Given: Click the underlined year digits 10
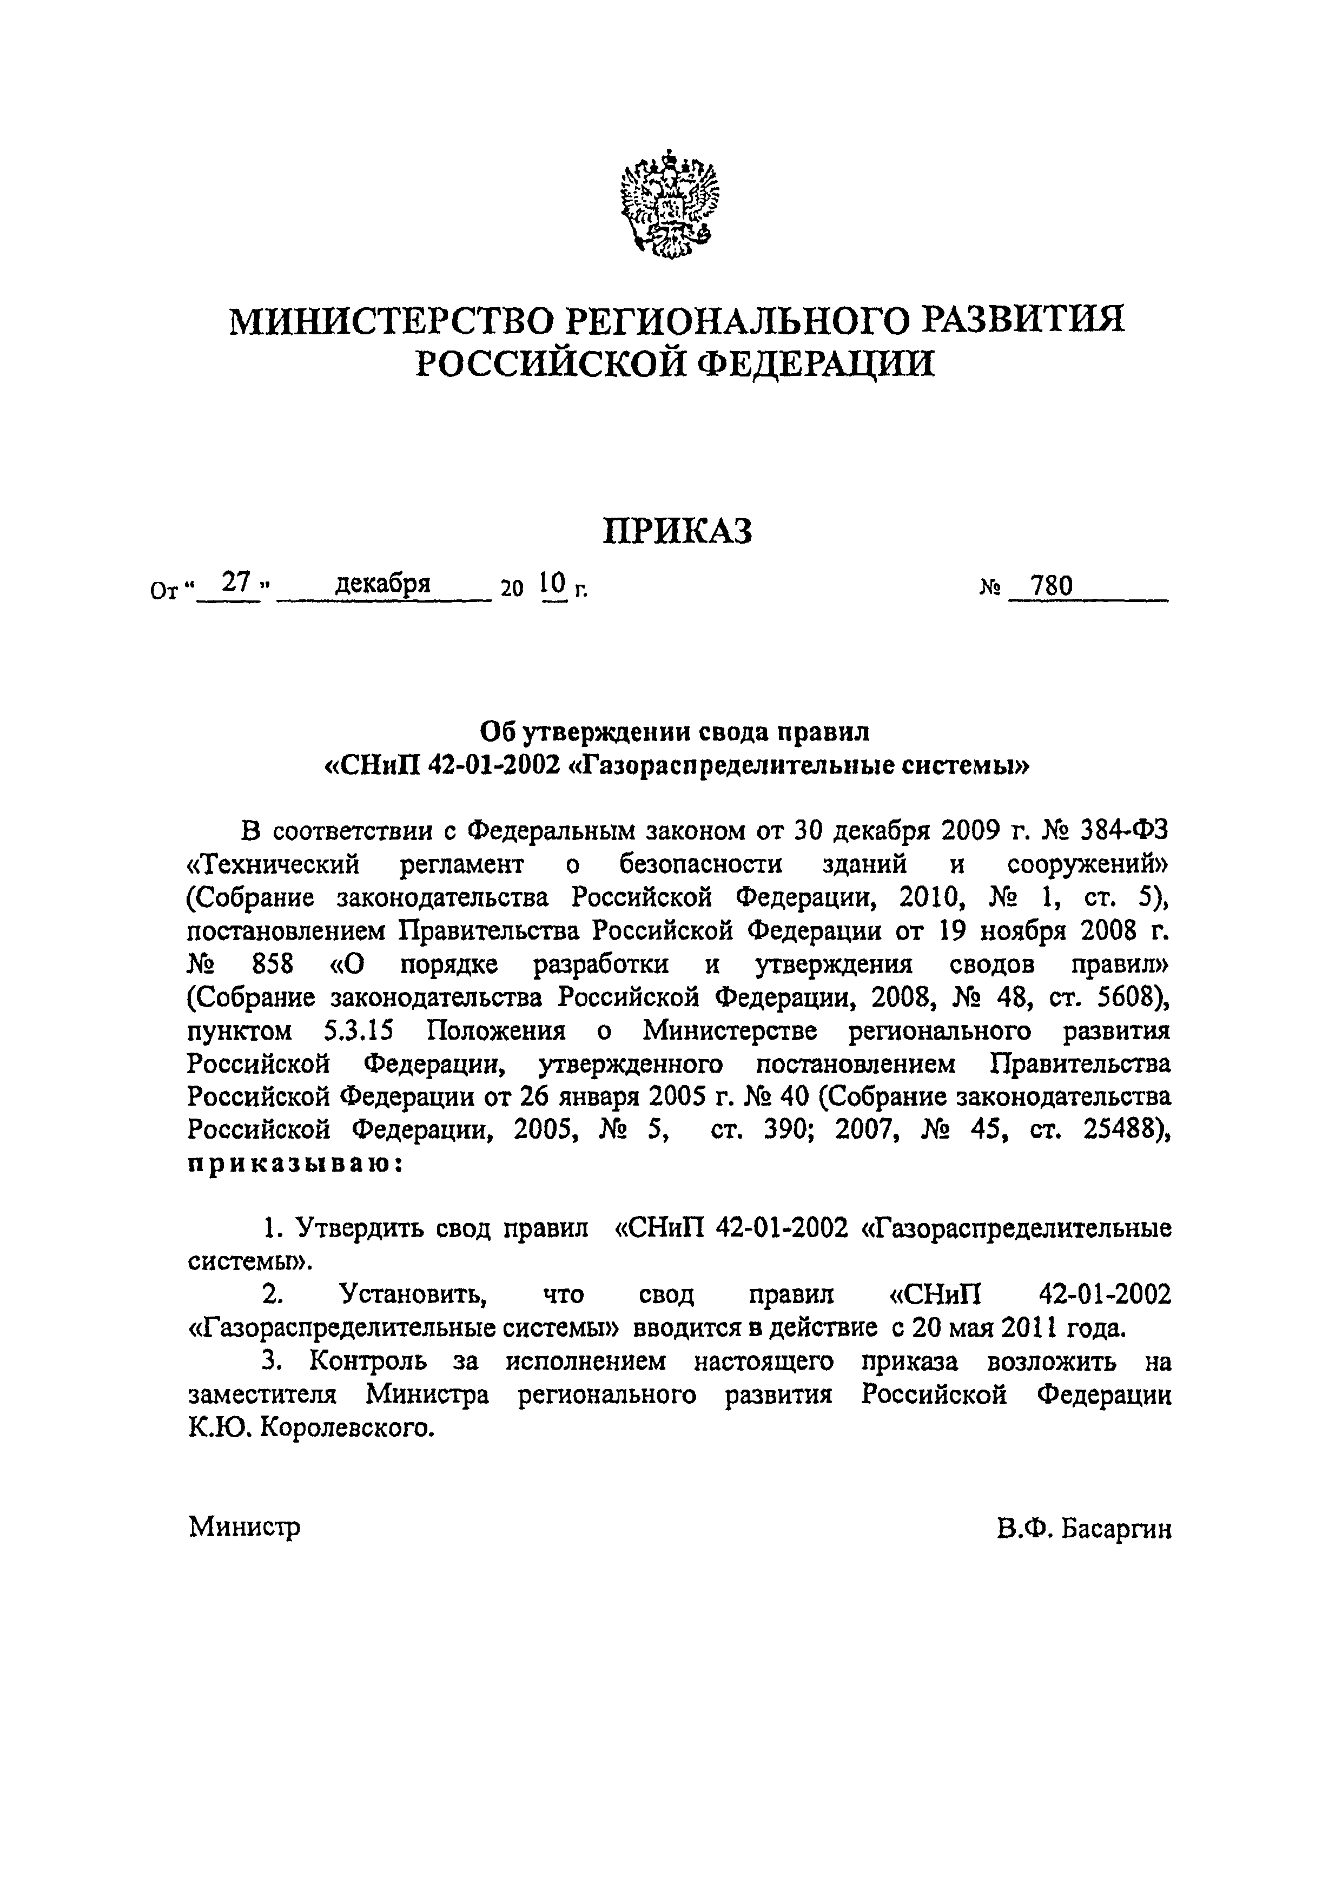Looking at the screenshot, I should click(x=552, y=584).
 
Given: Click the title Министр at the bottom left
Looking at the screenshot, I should click(x=244, y=1526).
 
